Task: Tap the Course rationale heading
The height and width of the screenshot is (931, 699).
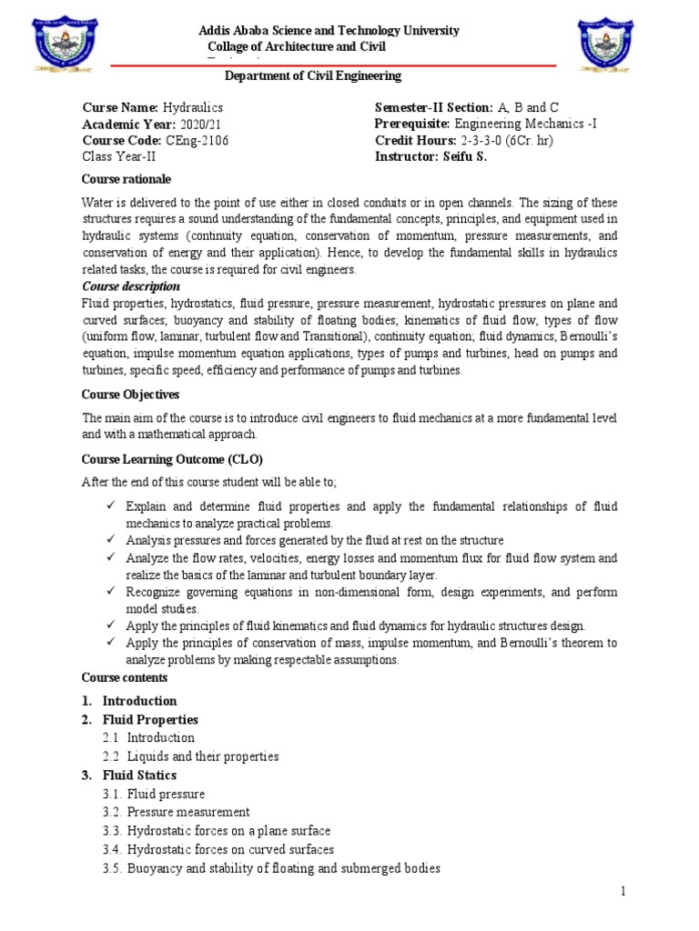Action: (126, 179)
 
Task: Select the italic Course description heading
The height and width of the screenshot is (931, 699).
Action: (131, 287)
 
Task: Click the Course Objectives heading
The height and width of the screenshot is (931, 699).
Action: (130, 395)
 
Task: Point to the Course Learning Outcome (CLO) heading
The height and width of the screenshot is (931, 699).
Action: (172, 460)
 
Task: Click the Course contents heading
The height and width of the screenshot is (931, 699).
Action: (124, 677)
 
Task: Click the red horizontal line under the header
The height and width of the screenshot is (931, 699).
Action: (332, 65)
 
